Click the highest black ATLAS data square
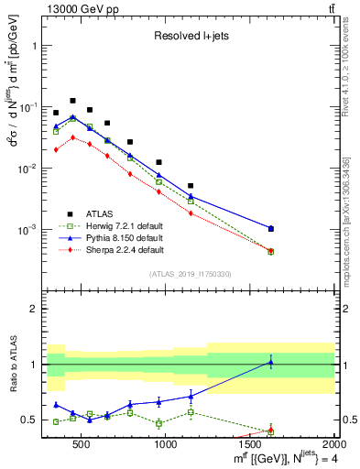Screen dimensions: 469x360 click(72, 101)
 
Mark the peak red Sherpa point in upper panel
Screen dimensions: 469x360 click(72, 137)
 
